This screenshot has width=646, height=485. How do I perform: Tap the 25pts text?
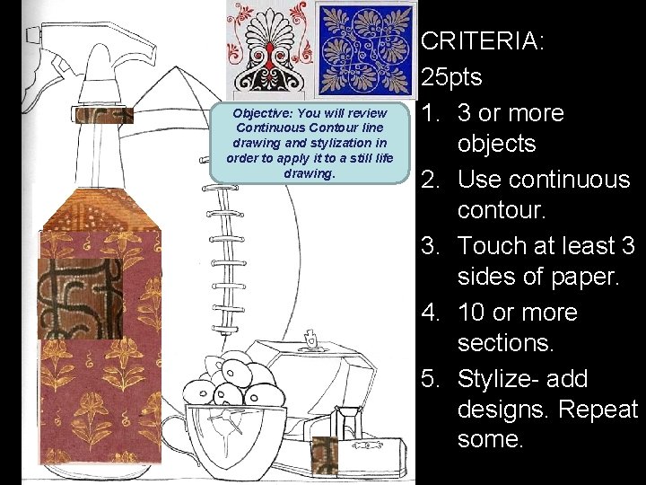click(451, 77)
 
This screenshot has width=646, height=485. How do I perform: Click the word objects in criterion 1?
click(495, 144)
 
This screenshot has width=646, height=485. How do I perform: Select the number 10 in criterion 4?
click(474, 313)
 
